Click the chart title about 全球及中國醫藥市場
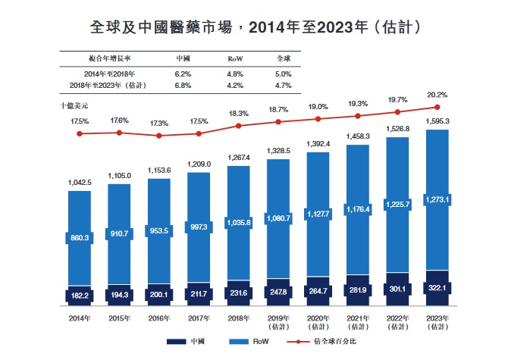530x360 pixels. coord(265,27)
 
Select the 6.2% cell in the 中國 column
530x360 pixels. coord(183,74)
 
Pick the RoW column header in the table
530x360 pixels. coord(234,59)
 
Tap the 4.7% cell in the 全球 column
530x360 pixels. coord(284,86)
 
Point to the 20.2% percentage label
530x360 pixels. coord(437,95)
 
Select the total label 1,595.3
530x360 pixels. coord(437,121)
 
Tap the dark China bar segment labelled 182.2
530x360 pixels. coord(81,295)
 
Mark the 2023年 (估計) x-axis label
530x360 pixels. coord(437,322)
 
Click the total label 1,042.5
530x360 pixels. coord(80,182)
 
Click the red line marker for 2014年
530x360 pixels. coord(80,133)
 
